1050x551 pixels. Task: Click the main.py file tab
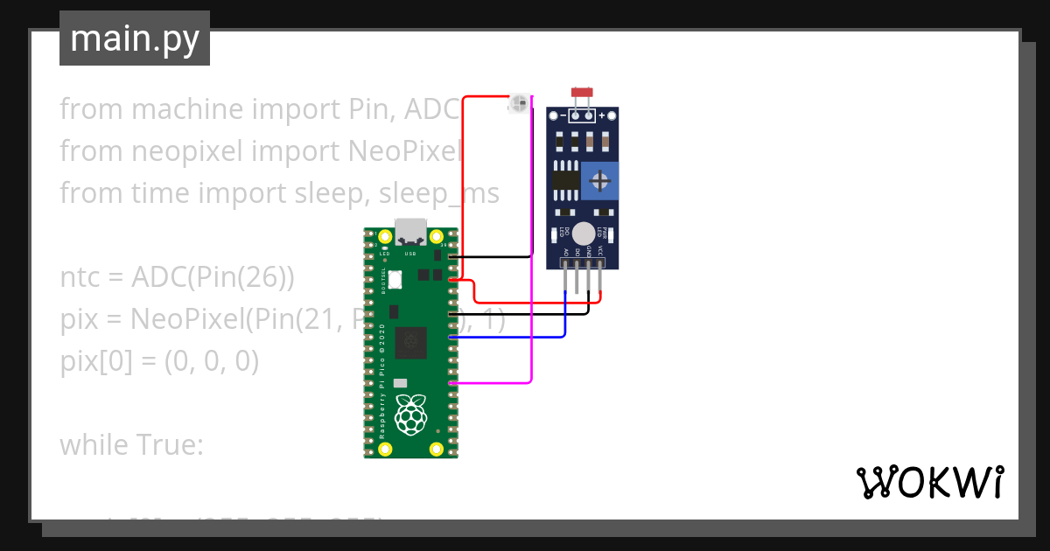[134, 38]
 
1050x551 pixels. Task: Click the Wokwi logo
[929, 482]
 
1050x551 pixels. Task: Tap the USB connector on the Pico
[410, 232]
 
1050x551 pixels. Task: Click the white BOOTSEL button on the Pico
[394, 280]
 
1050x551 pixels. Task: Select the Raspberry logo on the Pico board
[410, 414]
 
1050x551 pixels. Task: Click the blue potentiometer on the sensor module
[600, 180]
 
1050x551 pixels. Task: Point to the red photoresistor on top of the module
[580, 91]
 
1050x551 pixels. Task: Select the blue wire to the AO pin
[525, 336]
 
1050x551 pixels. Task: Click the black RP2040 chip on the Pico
[410, 342]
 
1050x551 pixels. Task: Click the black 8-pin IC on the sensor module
[566, 180]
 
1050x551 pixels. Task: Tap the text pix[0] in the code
[88, 361]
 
